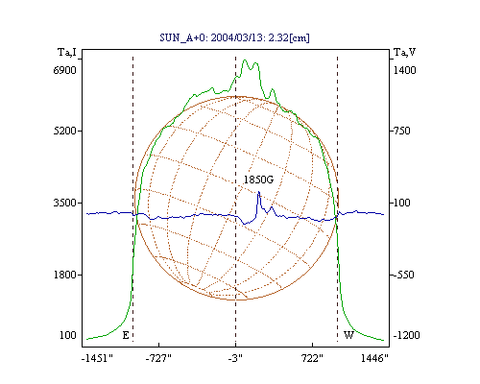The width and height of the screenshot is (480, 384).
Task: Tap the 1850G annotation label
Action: (258, 180)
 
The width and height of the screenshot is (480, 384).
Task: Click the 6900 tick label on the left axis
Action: (65, 70)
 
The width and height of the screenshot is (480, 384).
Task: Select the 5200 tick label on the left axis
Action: (65, 131)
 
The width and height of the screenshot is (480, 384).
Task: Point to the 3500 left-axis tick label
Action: (65, 203)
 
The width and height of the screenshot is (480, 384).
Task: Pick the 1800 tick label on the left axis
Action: (65, 275)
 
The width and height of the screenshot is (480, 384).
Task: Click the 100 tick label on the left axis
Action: (68, 335)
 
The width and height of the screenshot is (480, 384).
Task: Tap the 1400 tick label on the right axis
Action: (404, 70)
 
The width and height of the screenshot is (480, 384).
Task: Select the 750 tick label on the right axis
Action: (402, 131)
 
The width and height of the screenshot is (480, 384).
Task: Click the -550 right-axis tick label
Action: (403, 275)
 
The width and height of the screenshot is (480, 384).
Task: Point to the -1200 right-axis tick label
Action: (406, 335)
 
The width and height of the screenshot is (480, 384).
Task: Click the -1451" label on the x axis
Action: (97, 358)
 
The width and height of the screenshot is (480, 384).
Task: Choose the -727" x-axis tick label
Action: (158, 358)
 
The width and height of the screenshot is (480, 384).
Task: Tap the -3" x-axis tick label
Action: (235, 358)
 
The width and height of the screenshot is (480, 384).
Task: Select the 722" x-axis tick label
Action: (313, 358)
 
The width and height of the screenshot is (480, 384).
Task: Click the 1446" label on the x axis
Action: (374, 358)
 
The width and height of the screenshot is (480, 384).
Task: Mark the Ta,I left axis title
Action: (67, 52)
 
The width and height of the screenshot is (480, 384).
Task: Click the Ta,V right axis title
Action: (404, 52)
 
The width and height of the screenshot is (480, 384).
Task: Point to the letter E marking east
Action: (126, 335)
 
